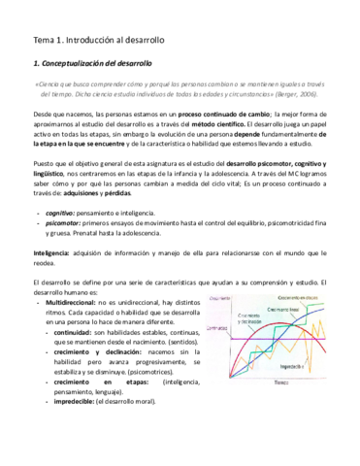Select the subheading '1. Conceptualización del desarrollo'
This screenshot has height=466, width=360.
(x=99, y=63)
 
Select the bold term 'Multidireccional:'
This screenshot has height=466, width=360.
(x=77, y=331)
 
